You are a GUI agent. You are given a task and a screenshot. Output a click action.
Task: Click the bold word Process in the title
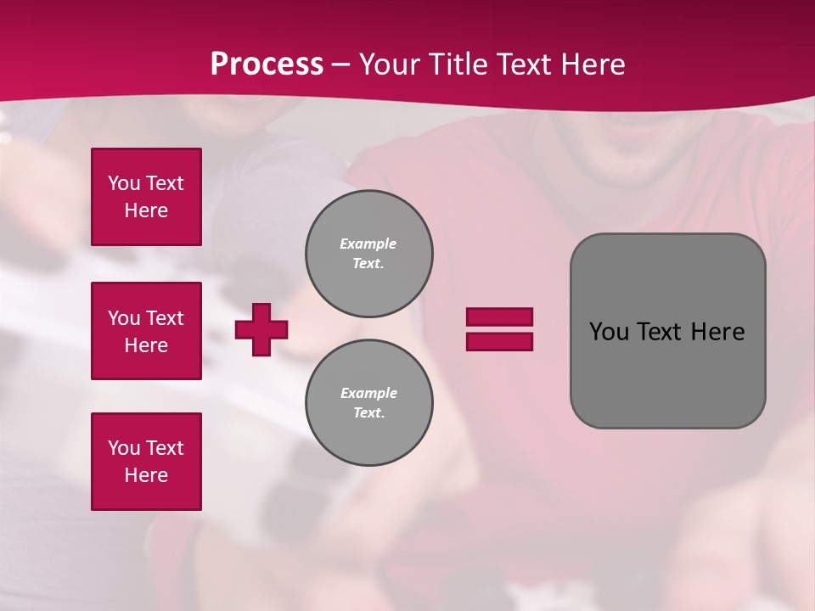click(x=267, y=64)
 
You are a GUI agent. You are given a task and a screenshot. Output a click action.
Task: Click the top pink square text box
click(x=146, y=197)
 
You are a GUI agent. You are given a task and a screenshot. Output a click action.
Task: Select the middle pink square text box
click(x=146, y=331)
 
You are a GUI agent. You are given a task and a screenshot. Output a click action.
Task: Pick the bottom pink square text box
click(x=146, y=462)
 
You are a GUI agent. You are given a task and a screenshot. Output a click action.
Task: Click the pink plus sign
click(x=261, y=329)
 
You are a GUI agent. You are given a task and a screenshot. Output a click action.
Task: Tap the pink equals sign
click(x=499, y=329)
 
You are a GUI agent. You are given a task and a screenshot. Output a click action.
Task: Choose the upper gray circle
click(x=369, y=254)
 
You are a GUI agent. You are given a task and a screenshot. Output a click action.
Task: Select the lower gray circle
click(x=369, y=403)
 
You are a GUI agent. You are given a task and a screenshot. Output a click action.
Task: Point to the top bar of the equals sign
click(x=499, y=317)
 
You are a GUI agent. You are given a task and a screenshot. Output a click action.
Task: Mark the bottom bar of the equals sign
click(x=499, y=342)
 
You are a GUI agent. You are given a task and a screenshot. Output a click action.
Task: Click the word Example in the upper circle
click(x=368, y=244)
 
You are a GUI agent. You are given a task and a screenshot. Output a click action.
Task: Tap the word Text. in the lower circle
click(x=368, y=413)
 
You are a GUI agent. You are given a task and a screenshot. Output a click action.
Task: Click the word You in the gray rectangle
click(x=609, y=332)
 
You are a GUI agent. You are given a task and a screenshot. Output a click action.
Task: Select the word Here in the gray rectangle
click(x=717, y=332)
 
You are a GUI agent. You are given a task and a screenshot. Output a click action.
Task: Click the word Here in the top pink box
click(x=146, y=210)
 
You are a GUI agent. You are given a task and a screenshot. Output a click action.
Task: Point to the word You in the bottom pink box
click(x=124, y=448)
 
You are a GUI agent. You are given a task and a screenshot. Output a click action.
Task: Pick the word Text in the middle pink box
click(x=165, y=318)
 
